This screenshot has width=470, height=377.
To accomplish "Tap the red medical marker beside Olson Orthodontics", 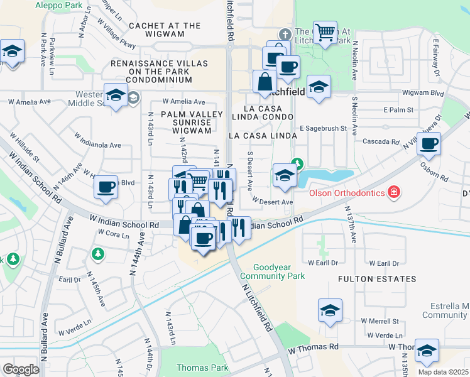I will click(x=394, y=191).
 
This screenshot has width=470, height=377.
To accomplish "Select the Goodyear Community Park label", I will click(x=280, y=271).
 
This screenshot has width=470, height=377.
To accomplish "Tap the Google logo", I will click(x=21, y=369).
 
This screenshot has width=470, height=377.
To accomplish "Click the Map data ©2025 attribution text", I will click(x=444, y=372).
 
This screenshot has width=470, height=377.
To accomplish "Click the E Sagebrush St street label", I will click(x=323, y=128).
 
